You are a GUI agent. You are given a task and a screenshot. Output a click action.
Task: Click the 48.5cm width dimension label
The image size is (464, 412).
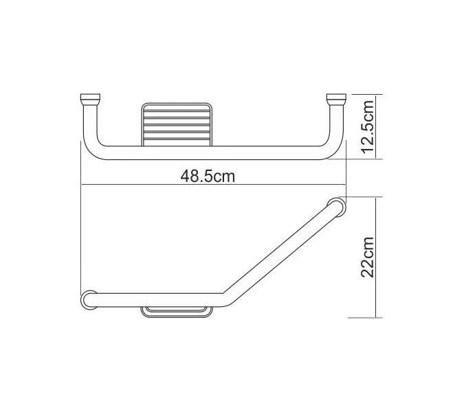point(208,176)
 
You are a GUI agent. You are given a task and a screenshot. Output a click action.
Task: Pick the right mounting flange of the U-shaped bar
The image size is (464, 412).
point(337,98)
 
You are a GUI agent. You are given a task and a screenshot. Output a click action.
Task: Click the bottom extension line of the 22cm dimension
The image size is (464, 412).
point(364,317)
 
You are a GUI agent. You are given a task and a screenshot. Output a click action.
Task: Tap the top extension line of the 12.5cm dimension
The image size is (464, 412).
point(364,93)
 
